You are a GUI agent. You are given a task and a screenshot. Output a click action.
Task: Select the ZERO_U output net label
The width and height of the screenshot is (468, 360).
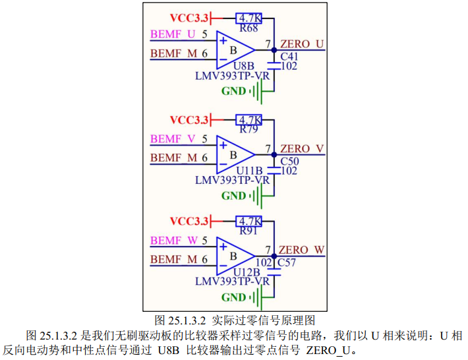(x=302, y=44)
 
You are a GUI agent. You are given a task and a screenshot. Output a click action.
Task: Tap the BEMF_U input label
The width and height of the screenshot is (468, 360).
(x=173, y=34)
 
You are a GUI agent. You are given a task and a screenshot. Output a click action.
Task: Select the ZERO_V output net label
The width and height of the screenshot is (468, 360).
(x=302, y=148)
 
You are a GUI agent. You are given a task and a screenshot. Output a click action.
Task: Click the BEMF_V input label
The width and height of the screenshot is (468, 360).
(x=173, y=139)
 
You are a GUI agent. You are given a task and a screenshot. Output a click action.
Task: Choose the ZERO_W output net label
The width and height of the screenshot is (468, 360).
(x=302, y=250)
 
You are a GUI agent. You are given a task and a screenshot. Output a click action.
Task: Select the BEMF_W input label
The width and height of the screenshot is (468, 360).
(x=173, y=241)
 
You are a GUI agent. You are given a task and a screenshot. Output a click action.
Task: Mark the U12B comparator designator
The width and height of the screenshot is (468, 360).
(x=248, y=272)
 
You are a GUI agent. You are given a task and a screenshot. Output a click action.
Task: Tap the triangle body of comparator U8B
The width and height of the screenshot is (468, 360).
(x=234, y=49)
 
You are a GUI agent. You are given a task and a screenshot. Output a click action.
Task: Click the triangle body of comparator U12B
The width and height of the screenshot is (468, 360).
(x=234, y=256)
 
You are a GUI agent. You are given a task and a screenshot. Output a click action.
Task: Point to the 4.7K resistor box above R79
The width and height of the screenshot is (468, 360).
(x=249, y=120)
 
